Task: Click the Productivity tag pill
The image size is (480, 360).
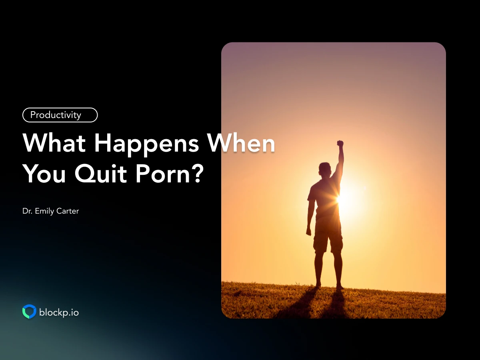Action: tap(60, 115)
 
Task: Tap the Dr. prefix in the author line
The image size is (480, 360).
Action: tap(28, 211)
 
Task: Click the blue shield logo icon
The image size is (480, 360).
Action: tap(29, 312)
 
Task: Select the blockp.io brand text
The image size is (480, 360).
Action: tap(59, 312)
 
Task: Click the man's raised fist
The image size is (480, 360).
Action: tap(340, 143)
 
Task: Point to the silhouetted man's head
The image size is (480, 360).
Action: tap(325, 169)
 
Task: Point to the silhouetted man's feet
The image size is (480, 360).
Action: tap(329, 286)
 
